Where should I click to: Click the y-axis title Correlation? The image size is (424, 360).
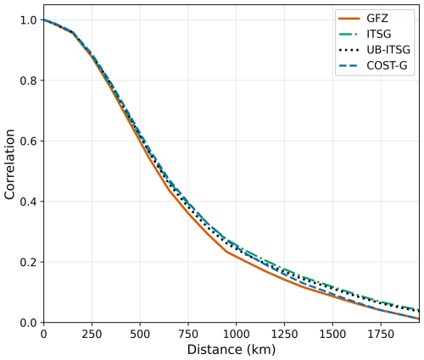[x=10, y=164]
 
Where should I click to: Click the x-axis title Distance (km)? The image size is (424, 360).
[x=232, y=350]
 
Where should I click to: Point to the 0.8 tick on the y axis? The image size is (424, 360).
[x=27, y=80]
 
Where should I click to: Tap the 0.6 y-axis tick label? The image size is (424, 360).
[x=27, y=141]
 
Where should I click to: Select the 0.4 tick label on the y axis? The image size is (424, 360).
[x=27, y=202]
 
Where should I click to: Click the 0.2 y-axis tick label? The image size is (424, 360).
[x=27, y=263]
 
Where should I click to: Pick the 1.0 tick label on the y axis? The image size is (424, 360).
[x=27, y=20]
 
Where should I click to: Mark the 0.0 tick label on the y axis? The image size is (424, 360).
[x=27, y=323]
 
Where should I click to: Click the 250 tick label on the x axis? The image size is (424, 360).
[x=92, y=335]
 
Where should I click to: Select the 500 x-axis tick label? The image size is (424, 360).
[x=140, y=335]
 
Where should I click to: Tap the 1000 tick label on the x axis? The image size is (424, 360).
[x=236, y=335]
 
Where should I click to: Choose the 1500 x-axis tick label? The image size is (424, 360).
[x=332, y=335]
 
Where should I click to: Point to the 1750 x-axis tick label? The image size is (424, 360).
[x=380, y=335]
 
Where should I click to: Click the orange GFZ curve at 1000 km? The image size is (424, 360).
[x=236, y=257]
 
